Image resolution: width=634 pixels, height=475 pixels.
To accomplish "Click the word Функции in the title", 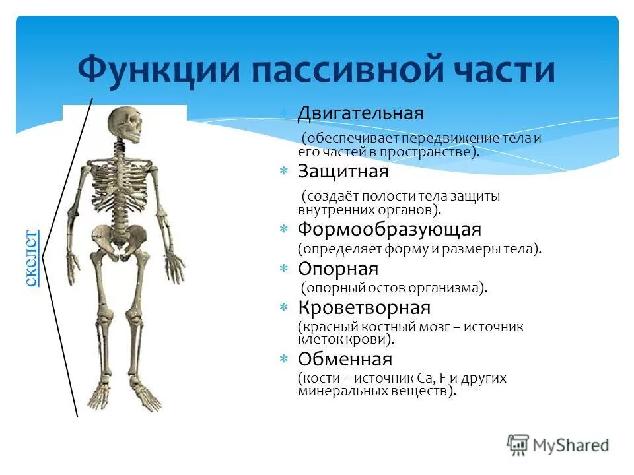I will tap(145, 71).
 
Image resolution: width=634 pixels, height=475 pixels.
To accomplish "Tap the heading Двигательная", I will tap(360, 113).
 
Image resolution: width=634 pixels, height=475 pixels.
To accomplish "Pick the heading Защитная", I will tap(343, 172).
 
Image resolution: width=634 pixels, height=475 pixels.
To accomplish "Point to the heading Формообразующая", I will tap(390, 230).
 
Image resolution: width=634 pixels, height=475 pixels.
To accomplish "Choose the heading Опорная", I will tap(337, 269).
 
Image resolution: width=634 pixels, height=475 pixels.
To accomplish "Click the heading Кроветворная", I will tap(364, 307).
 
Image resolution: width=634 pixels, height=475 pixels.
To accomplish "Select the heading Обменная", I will tap(345, 360).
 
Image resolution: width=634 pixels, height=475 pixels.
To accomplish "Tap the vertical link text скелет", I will tap(31, 257).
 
